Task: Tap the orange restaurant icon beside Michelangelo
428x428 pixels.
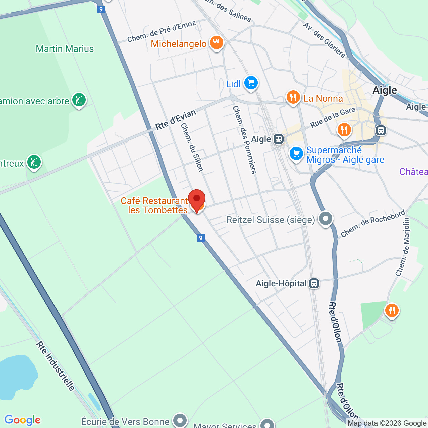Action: [217, 43]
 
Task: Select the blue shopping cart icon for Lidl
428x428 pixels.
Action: [251, 83]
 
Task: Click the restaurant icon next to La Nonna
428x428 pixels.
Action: [293, 97]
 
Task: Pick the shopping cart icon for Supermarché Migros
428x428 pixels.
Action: [296, 154]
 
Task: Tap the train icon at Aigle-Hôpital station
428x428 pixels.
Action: [314, 284]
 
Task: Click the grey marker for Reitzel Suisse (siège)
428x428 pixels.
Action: [326, 219]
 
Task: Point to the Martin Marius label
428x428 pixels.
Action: [65, 49]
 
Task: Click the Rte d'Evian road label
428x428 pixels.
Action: [176, 119]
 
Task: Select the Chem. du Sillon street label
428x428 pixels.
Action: [192, 147]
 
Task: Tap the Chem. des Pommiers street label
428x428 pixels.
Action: [244, 139]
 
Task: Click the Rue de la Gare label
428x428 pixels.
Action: [333, 118]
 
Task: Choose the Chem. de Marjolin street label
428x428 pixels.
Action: [403, 247]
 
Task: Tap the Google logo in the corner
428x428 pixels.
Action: [22, 420]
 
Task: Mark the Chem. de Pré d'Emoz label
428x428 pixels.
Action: [162, 32]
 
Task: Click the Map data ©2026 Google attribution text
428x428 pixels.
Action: [387, 423]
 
